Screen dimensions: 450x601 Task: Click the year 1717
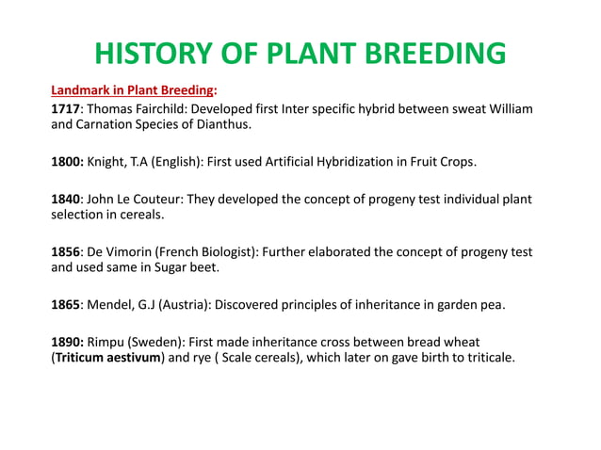pos(66,110)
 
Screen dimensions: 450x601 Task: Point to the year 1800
pos(67,162)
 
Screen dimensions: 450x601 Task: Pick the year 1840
pos(66,200)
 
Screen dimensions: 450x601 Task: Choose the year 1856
pos(66,252)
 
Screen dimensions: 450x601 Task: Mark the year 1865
pos(66,304)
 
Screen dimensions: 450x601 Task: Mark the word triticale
pos(485,358)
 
